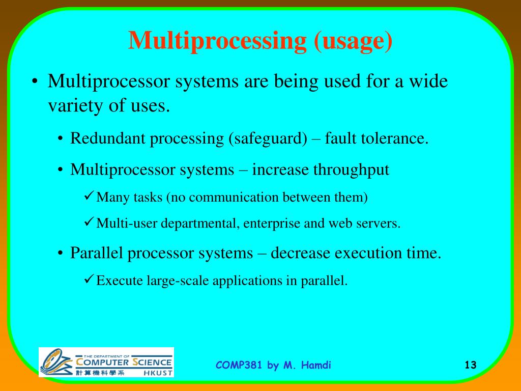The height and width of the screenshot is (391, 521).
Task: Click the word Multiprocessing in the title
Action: pos(216,41)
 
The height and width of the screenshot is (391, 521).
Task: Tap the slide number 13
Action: pos(470,365)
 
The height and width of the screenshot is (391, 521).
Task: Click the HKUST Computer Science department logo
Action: pos(106,362)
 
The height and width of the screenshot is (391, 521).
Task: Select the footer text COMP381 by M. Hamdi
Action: pos(274,365)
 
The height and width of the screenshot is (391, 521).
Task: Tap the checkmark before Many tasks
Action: pos(88,196)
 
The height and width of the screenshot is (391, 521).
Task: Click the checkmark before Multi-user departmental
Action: pos(88,222)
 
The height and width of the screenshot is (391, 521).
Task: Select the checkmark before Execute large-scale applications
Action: pos(88,280)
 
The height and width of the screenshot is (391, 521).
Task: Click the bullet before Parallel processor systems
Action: pos(61,254)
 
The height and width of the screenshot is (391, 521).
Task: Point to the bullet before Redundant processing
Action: pos(61,139)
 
